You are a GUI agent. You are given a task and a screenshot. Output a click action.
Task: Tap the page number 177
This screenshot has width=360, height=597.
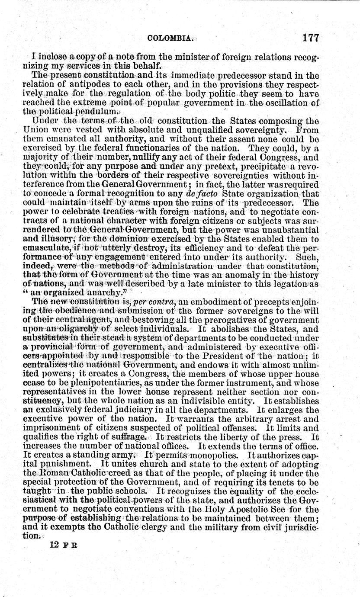(x=311, y=38)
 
